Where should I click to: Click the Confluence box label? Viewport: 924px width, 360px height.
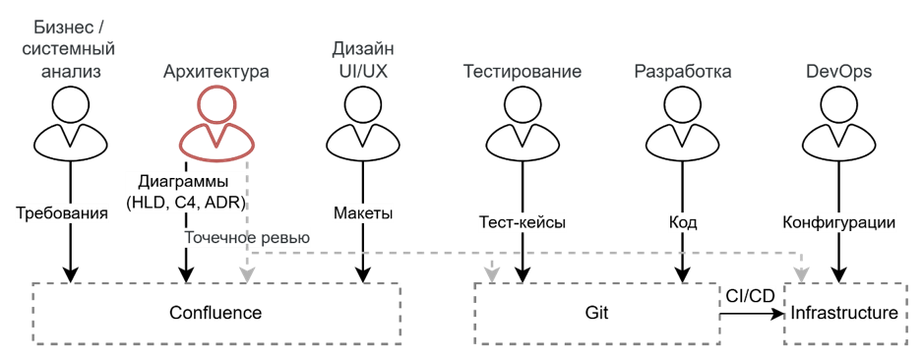(216, 312)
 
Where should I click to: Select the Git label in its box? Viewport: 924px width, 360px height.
(598, 312)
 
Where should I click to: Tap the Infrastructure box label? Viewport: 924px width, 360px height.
(844, 312)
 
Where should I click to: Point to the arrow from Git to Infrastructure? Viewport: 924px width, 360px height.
(752, 315)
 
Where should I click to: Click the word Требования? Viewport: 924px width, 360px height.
(62, 213)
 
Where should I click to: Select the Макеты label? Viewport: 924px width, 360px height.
(363, 213)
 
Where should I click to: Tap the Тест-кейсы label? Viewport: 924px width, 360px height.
(523, 223)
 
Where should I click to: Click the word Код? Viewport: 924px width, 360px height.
(683, 223)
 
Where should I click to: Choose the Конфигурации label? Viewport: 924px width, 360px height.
(839, 223)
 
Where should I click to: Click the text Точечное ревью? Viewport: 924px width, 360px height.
(248, 238)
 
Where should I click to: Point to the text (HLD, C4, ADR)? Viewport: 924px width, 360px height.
(186, 204)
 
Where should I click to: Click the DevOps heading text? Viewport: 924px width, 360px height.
(839, 72)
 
